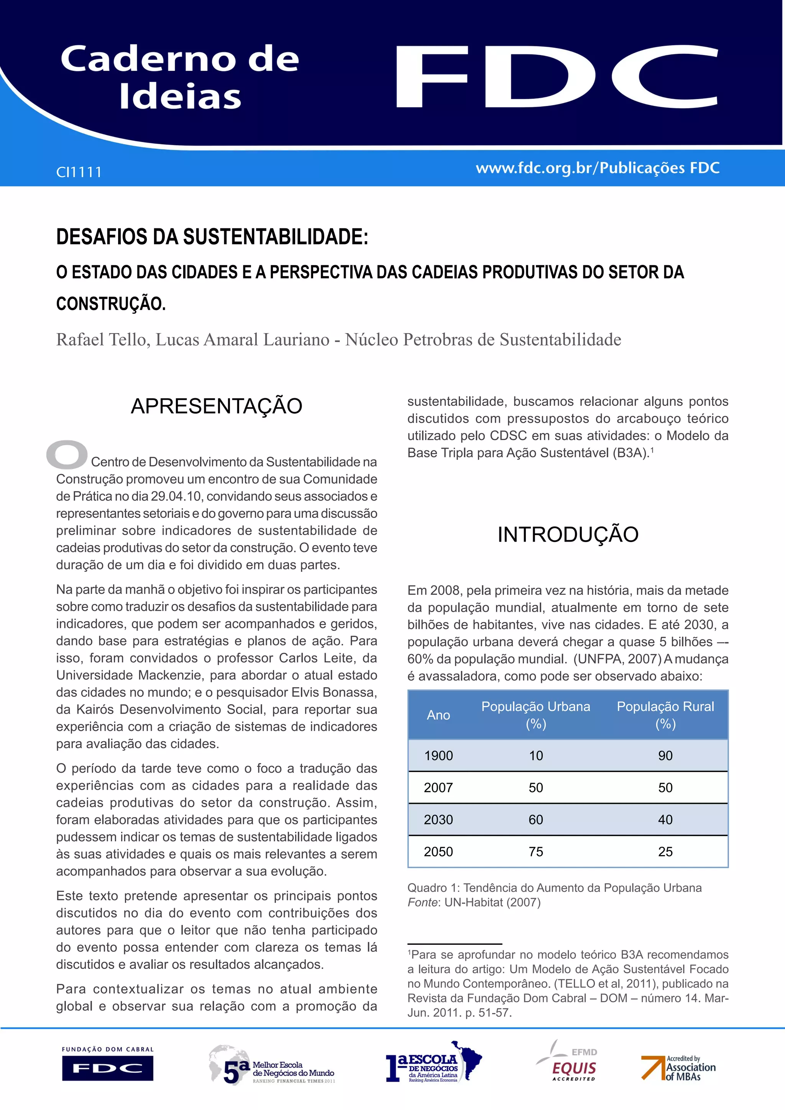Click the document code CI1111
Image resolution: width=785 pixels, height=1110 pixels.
pos(79,172)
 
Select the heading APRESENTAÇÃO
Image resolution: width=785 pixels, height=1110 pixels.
pos(217,406)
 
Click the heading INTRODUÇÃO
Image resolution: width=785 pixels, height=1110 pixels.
pos(568,534)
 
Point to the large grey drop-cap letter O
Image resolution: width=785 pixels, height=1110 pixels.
pos(67,455)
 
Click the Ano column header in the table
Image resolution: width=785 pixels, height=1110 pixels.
pos(438,715)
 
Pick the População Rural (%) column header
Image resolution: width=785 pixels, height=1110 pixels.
pos(665,715)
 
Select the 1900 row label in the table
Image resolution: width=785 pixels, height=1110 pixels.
pos(438,755)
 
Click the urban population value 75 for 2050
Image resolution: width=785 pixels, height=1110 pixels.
pos(535,851)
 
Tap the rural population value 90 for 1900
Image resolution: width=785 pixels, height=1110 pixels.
pos(665,755)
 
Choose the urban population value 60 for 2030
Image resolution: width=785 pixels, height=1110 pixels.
pos(535,819)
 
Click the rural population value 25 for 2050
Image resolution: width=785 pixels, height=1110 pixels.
pos(665,851)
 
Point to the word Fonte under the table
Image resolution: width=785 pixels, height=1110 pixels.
pos(422,902)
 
